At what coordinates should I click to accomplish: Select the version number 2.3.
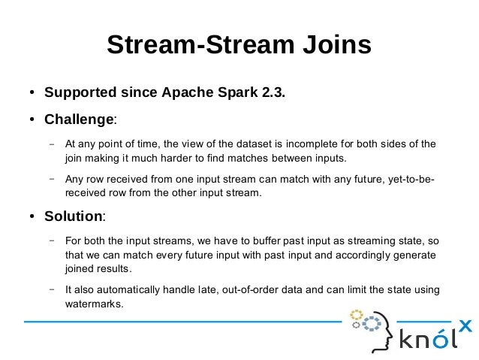(x=273, y=94)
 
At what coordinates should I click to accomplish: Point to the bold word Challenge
(x=78, y=119)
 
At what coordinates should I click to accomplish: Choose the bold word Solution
(x=73, y=216)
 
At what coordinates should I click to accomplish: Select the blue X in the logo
(x=465, y=325)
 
